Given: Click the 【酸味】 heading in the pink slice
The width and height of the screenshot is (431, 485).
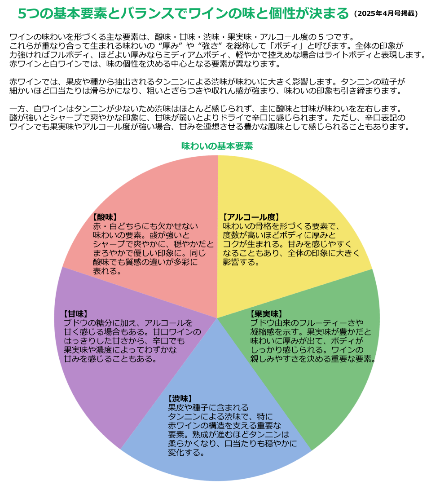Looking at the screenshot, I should (x=105, y=217).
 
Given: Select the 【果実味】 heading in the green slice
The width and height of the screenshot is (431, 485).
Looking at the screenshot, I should (x=266, y=313).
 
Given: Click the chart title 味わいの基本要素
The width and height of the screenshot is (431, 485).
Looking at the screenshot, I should (x=217, y=146).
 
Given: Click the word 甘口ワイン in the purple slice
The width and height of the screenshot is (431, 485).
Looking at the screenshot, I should (x=177, y=332).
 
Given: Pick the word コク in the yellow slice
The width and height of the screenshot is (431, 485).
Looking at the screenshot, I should (x=231, y=244).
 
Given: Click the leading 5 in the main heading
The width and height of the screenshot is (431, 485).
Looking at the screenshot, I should (x=22, y=13).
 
